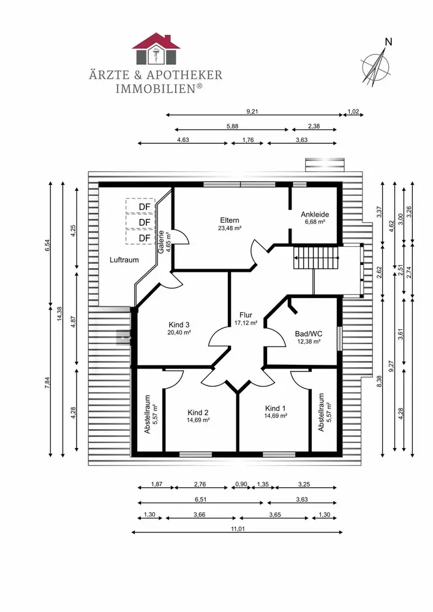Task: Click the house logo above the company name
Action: tap(156, 49)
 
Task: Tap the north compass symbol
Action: tap(375, 64)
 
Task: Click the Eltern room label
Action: tap(230, 220)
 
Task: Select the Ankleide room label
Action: tap(315, 214)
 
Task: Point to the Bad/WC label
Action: tap(309, 334)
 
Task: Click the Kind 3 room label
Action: tap(179, 325)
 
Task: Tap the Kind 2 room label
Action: tap(198, 412)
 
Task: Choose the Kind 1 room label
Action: tap(275, 409)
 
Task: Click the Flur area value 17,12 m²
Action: tap(246, 323)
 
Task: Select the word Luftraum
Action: tap(124, 260)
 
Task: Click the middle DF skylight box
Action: tap(141, 222)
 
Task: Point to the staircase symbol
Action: tap(316, 258)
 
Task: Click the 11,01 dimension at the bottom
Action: tap(238, 529)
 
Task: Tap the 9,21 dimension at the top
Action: tap(252, 111)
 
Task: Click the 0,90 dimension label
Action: tap(241, 484)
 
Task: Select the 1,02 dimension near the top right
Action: tap(353, 111)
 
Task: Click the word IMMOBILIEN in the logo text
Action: tap(156, 89)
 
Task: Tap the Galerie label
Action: tap(161, 242)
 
